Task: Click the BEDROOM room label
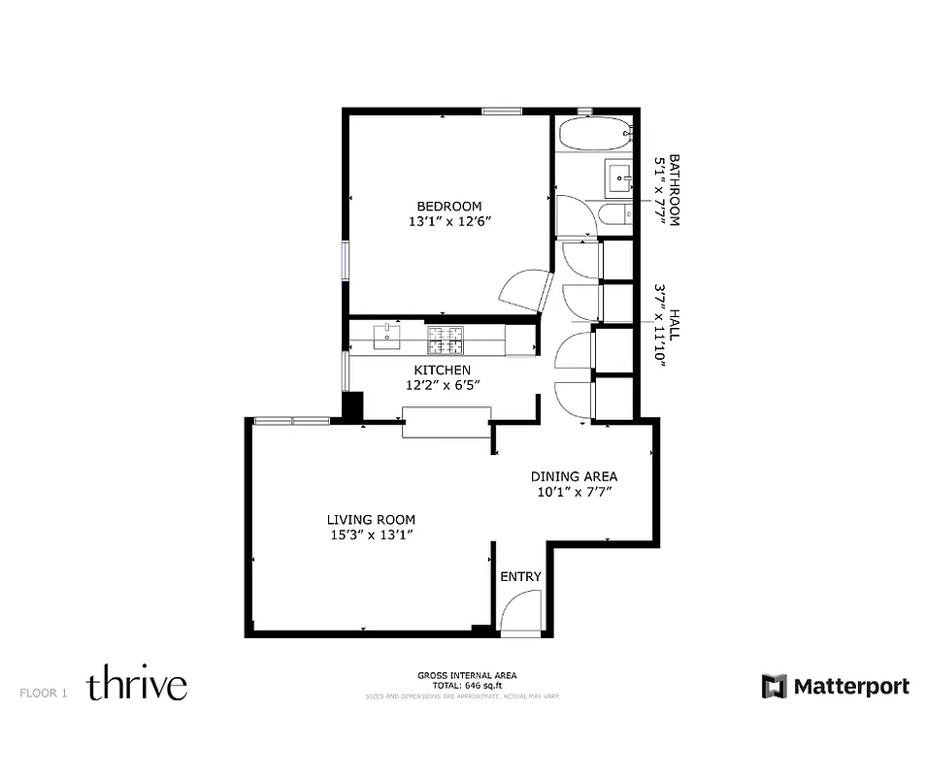click(x=449, y=206)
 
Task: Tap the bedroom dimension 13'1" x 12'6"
click(x=449, y=221)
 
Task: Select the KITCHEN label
click(x=443, y=370)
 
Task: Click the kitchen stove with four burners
click(x=446, y=339)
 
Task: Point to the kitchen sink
click(x=387, y=337)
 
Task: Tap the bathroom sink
click(x=618, y=178)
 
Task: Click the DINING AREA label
click(x=574, y=476)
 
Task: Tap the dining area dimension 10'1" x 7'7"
click(x=574, y=492)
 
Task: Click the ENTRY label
click(x=520, y=577)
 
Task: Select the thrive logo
click(x=137, y=685)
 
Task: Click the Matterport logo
click(x=835, y=687)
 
